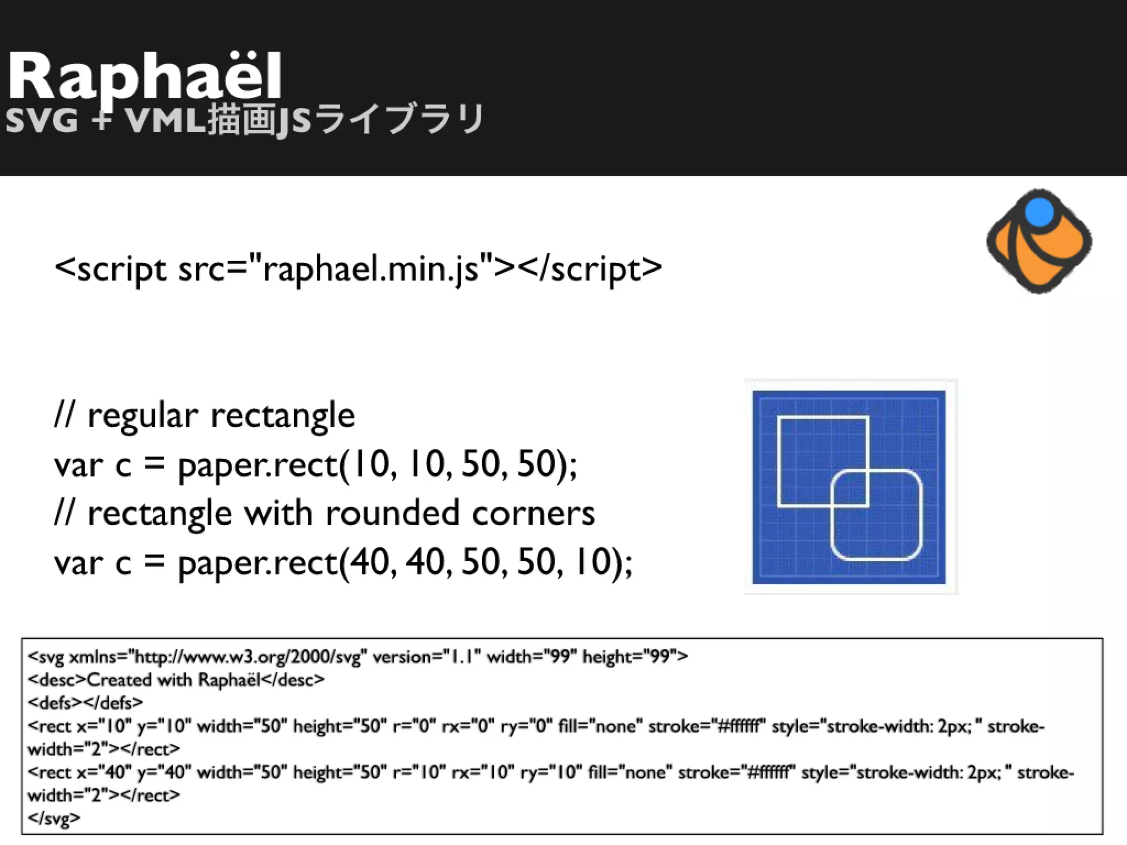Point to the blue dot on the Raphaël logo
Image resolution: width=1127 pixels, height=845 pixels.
pos(1040,212)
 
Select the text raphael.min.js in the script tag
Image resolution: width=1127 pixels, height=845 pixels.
pos(370,269)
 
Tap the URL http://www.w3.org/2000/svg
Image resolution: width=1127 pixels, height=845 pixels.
pos(247,657)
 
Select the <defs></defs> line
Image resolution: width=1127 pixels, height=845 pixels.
pos(85,703)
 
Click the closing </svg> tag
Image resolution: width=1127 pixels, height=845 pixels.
pos(54,818)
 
